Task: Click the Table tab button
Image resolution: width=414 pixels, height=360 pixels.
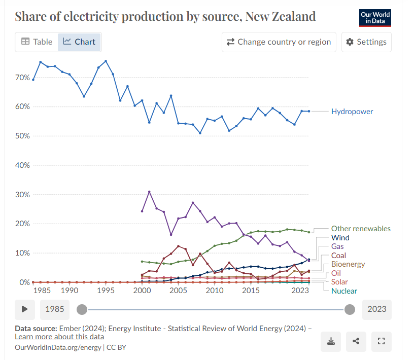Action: (x=37, y=42)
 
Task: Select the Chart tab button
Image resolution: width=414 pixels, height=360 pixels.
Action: (x=79, y=42)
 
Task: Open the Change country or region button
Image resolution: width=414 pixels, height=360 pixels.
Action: (x=279, y=42)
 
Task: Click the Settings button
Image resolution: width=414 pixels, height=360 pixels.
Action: (x=366, y=42)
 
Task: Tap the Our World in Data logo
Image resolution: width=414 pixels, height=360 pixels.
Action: (x=375, y=18)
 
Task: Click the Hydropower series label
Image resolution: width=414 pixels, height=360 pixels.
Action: (x=352, y=112)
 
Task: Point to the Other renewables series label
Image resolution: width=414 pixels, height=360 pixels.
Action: (x=361, y=229)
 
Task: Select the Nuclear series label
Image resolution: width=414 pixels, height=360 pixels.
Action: (x=344, y=291)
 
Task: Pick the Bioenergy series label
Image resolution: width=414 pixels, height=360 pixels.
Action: (x=348, y=264)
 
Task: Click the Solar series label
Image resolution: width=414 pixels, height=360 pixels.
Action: (x=339, y=282)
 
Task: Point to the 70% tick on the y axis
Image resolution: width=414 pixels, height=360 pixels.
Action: (x=22, y=78)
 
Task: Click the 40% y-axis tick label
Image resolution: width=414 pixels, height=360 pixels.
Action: (x=22, y=165)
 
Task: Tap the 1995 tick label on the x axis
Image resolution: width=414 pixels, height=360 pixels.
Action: (x=106, y=291)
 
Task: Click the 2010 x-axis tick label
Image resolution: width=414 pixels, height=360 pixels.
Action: (x=215, y=291)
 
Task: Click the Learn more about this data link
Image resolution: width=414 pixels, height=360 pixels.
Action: (x=59, y=337)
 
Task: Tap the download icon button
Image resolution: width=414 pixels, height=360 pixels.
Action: (x=331, y=341)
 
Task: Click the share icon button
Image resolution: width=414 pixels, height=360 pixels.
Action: (x=356, y=341)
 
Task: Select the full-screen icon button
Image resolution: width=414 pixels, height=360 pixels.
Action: (x=382, y=341)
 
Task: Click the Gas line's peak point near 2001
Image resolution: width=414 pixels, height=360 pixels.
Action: (x=149, y=192)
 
